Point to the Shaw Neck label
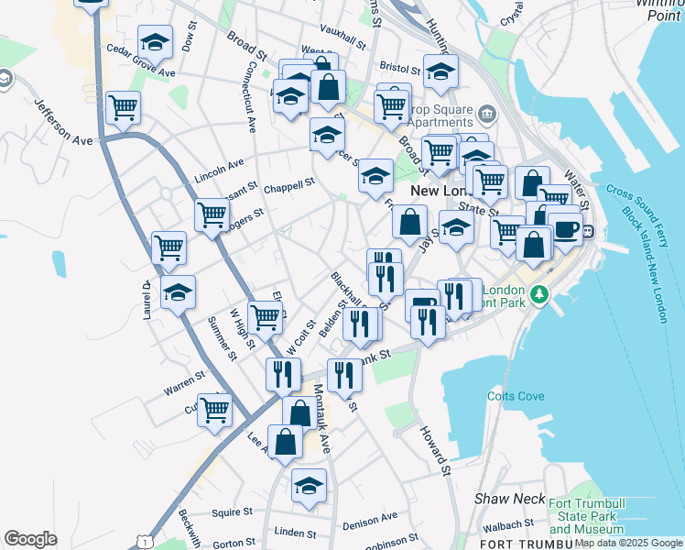(497, 498)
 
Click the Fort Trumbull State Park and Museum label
(586, 515)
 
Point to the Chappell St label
(289, 182)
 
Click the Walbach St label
(510, 524)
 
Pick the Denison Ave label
(370, 522)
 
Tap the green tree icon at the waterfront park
(540, 294)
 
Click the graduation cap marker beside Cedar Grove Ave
(156, 41)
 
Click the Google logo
(30, 539)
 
